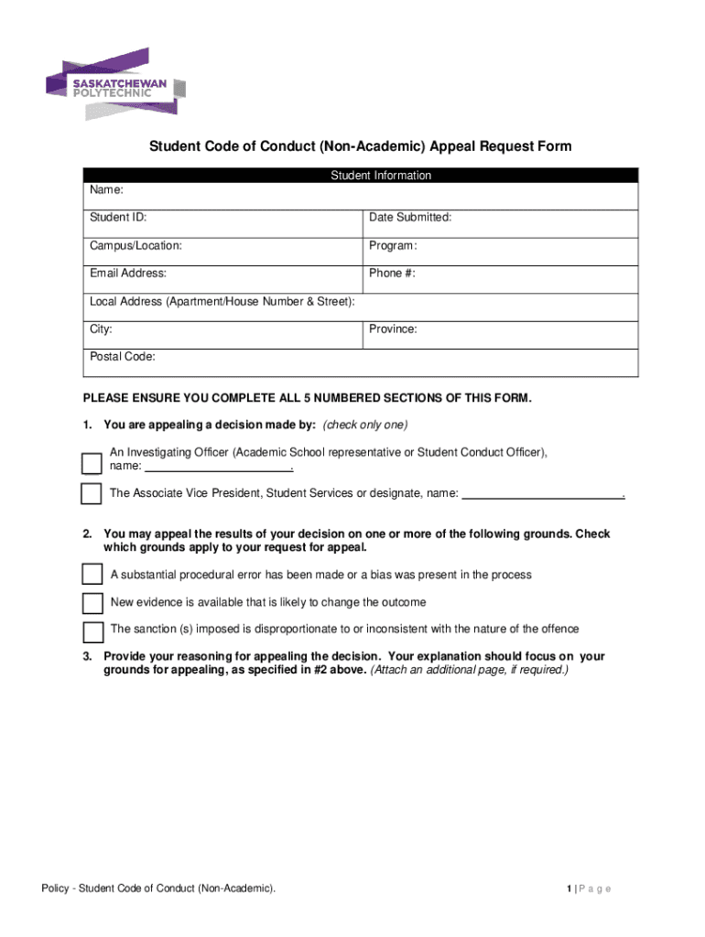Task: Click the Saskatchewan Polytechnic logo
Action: pos(115,84)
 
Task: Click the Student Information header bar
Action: pos(360,176)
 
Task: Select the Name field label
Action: pos(106,190)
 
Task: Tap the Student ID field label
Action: pos(118,218)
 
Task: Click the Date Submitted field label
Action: pos(410,218)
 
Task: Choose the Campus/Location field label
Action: pos(136,245)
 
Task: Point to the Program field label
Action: pos(393,245)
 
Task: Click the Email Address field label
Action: pos(128,273)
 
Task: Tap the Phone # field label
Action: pos(392,273)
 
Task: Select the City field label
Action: pos(102,328)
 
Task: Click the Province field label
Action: pos(393,328)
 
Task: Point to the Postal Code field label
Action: pos(123,357)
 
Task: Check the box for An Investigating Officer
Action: pos(92,463)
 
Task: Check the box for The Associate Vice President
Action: pos(92,494)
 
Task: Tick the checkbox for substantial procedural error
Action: pos(92,575)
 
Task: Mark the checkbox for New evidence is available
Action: pos(92,603)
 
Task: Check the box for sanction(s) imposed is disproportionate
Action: pos(92,631)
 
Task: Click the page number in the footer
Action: pos(569,889)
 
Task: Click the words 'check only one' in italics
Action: pos(365,425)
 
